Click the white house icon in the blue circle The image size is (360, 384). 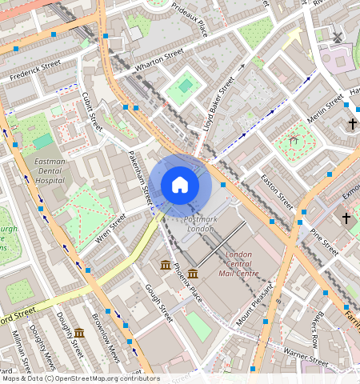[x=180, y=185]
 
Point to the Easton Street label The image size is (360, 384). [x=278, y=190]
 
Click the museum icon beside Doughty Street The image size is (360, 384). [x=79, y=333]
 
